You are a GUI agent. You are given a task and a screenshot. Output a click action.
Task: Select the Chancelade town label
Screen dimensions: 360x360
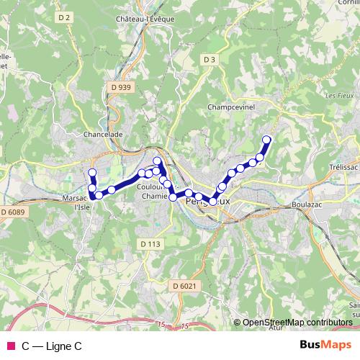pyautogui.click(x=104, y=134)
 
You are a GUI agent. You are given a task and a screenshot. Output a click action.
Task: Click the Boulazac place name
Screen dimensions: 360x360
pyautogui.click(x=311, y=204)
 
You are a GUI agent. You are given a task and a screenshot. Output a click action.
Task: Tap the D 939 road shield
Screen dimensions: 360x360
pyautogui.click(x=122, y=87)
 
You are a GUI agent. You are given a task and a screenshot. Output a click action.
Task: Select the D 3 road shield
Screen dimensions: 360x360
pyautogui.click(x=210, y=59)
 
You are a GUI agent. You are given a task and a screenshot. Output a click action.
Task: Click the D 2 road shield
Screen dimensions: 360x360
pyautogui.click(x=64, y=17)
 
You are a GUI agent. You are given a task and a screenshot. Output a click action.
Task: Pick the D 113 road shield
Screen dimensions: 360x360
pyautogui.click(x=150, y=244)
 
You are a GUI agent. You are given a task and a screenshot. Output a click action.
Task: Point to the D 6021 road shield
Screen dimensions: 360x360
pyautogui.click(x=184, y=286)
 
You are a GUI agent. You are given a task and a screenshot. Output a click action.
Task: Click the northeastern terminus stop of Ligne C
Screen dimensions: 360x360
pyautogui.click(x=266, y=140)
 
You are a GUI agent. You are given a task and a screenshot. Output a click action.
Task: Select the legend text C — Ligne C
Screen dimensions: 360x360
pyautogui.click(x=52, y=346)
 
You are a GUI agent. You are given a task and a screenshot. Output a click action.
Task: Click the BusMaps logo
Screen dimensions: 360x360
pyautogui.click(x=325, y=346)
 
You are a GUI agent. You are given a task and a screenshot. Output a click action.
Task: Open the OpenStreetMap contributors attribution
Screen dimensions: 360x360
pyautogui.click(x=297, y=323)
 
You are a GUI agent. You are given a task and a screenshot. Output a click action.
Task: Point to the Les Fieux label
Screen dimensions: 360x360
pyautogui.click(x=336, y=95)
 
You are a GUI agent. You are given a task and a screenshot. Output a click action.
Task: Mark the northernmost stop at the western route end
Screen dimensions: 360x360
pyautogui.click(x=92, y=172)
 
